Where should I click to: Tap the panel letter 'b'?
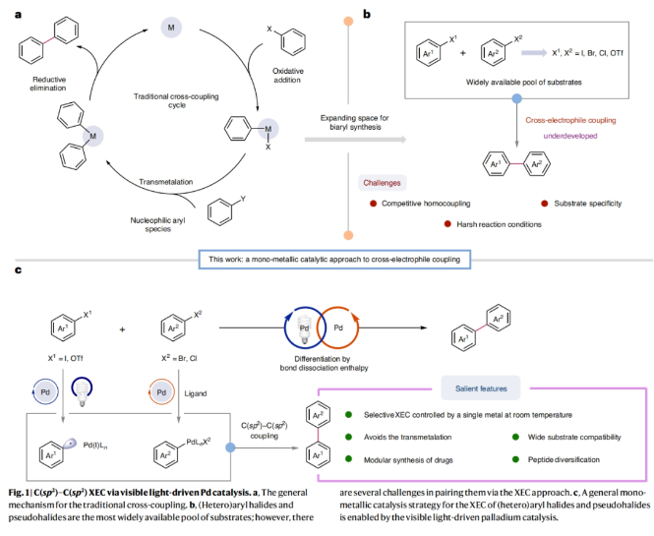(367, 15)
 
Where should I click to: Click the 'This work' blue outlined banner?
(333, 258)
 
